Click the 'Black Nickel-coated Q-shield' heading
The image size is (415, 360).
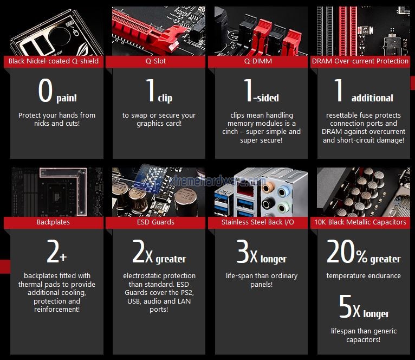point(54,61)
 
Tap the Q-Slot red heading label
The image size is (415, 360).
point(155,61)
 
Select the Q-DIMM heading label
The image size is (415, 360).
point(258,61)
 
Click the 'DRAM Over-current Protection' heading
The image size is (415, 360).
point(360,61)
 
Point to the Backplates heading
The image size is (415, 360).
point(53,222)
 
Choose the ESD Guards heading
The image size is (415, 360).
point(155,222)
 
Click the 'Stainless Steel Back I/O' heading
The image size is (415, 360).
point(258,222)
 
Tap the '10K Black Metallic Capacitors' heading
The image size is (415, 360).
point(360,222)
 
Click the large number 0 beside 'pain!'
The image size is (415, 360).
point(46,91)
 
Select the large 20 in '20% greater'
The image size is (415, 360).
point(341,251)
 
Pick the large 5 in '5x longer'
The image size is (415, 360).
point(346,306)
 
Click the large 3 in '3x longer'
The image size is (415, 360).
point(243,251)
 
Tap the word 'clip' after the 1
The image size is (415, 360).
point(165,98)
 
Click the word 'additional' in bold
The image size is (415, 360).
point(372,98)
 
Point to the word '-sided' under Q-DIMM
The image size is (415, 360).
point(266,98)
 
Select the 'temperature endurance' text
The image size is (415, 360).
point(364,276)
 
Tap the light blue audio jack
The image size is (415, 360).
point(284,191)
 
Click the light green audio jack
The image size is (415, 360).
point(284,208)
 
